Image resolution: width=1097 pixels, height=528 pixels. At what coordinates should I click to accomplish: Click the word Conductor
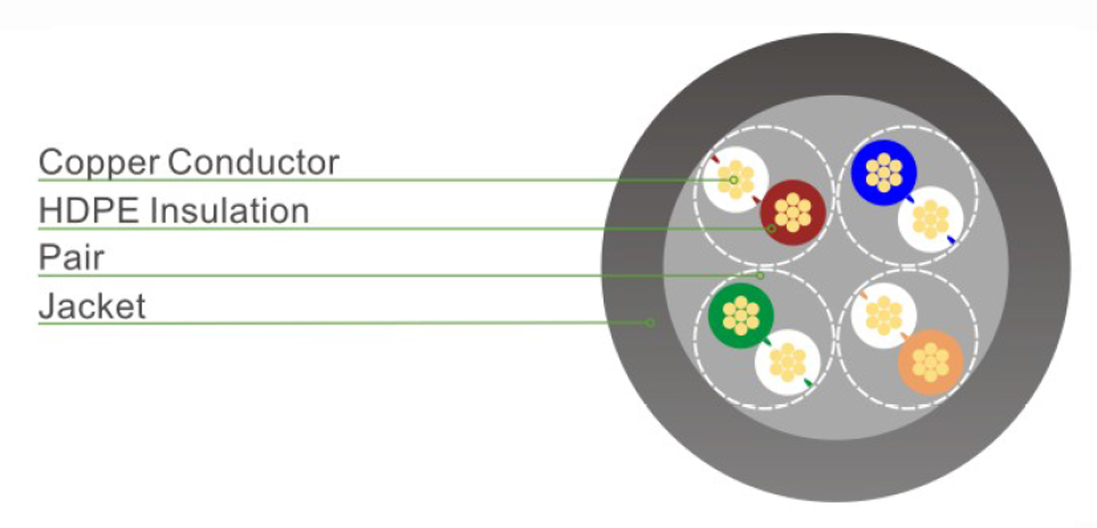pos(253,162)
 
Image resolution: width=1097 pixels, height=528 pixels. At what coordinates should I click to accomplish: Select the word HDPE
pos(88,210)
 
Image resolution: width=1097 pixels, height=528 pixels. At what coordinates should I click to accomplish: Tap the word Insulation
pos(230,210)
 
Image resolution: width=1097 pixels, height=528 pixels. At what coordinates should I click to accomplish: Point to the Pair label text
pos(71,257)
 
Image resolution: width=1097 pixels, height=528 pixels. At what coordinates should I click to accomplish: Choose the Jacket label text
pos(92,306)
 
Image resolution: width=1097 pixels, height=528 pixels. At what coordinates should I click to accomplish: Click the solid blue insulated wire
pos(884,172)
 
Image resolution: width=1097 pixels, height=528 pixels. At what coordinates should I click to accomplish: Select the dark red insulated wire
pos(793,213)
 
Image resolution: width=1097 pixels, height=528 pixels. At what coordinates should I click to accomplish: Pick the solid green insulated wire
pos(741,316)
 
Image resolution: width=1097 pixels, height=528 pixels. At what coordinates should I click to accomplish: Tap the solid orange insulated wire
pos(930,362)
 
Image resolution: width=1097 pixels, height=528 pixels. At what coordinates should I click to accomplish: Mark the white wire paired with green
pos(787,362)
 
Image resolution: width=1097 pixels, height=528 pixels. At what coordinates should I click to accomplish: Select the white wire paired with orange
pos(884,316)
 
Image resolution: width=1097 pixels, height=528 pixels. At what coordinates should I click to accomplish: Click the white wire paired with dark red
pos(736,179)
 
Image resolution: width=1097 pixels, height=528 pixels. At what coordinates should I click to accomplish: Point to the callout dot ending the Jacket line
pos(650,322)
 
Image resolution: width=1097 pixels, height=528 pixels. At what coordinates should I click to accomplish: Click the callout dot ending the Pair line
pos(759,275)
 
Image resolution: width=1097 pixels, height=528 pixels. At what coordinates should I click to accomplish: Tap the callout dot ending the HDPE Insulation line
pos(771,229)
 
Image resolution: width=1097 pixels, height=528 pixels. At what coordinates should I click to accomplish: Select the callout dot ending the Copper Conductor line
pos(734,180)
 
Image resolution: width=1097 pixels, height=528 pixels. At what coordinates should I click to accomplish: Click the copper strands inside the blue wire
pos(884,172)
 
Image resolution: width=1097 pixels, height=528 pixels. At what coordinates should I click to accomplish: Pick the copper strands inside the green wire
pos(741,316)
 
